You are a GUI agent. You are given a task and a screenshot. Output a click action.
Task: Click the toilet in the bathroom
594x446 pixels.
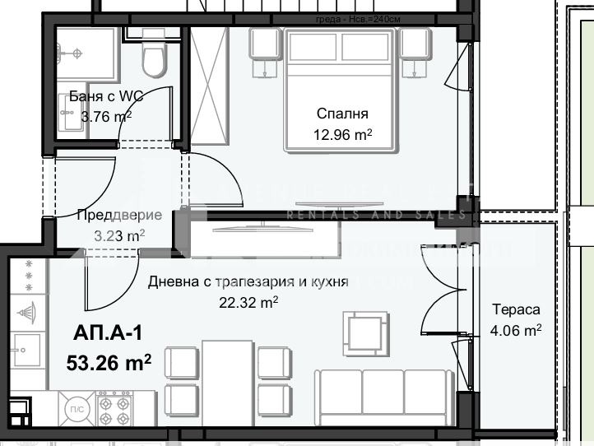pos(153,56)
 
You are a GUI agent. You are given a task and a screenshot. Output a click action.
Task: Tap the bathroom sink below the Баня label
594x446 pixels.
pos(68,110)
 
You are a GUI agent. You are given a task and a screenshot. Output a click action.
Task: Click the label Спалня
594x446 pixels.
pos(341,114)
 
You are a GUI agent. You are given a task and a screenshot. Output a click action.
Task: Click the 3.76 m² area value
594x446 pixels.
pos(106,117)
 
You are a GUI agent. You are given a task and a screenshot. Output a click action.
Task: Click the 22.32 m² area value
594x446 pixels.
pos(247,302)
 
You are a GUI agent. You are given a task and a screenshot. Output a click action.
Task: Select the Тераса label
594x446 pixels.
pos(516,310)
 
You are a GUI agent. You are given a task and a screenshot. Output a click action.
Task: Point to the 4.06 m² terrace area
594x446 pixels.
pos(516,331)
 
